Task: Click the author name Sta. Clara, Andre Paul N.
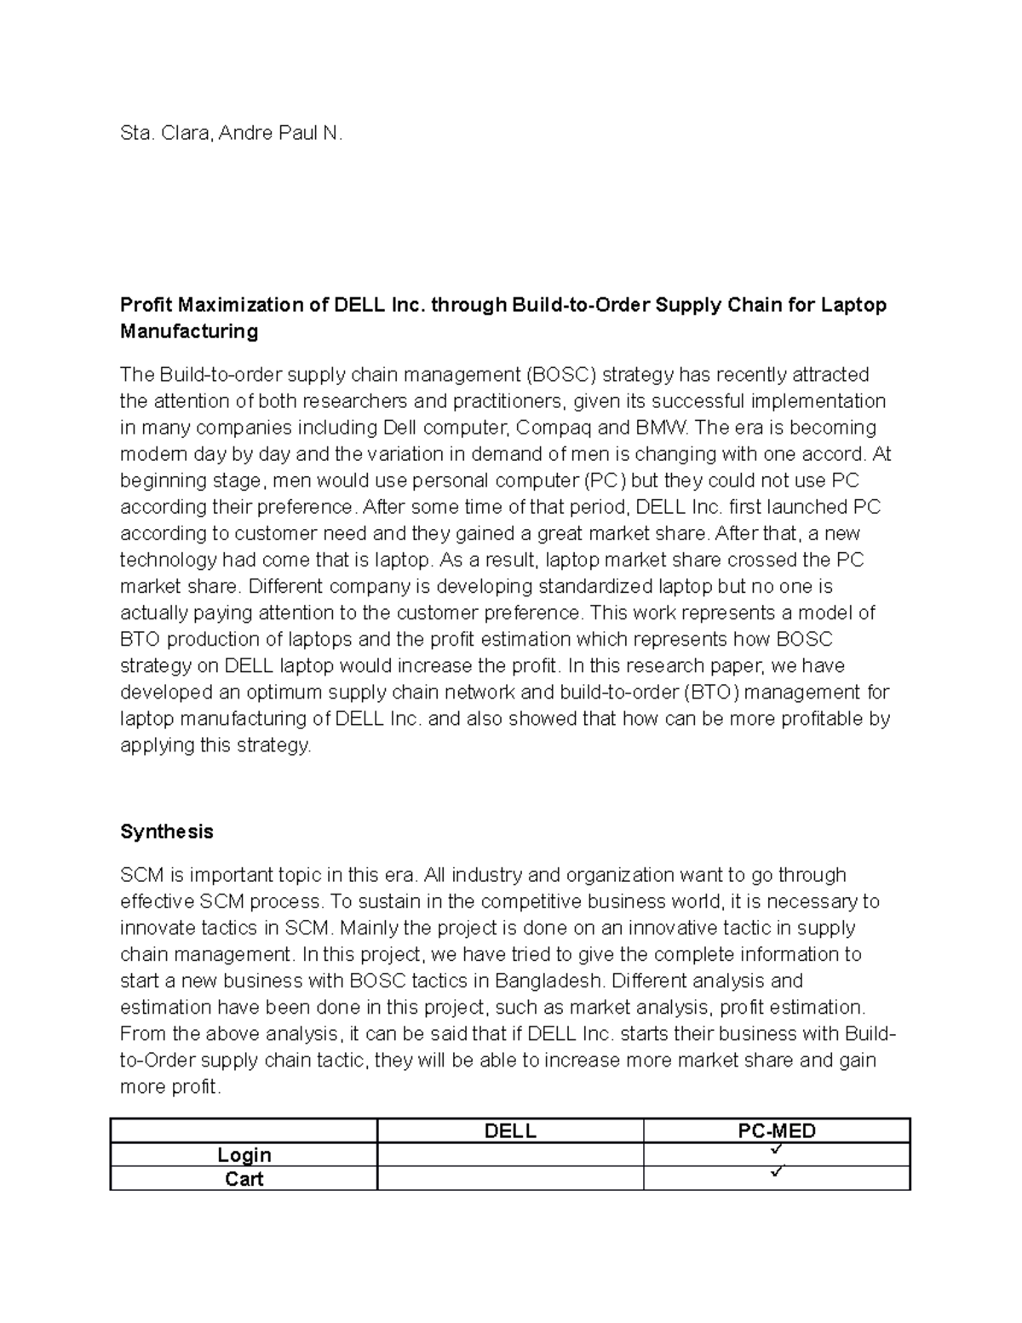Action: (231, 134)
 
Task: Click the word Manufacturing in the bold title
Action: (189, 331)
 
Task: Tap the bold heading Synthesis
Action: (166, 831)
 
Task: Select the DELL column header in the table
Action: (509, 1130)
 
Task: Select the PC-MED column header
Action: (776, 1130)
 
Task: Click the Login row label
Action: (244, 1154)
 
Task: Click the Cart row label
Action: (244, 1178)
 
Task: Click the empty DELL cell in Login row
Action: (509, 1154)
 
